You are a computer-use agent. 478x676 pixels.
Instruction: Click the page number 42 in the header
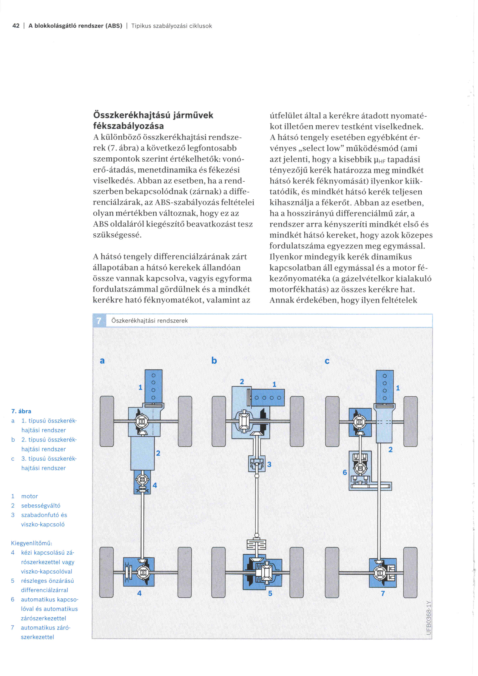pyautogui.click(x=16, y=26)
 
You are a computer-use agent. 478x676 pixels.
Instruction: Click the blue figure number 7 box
pyautogui.click(x=99, y=321)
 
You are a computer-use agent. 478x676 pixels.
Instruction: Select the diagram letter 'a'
pyautogui.click(x=102, y=360)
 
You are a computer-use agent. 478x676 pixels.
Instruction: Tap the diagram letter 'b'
pyautogui.click(x=214, y=360)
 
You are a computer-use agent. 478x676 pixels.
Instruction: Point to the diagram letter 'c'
pyautogui.click(x=327, y=361)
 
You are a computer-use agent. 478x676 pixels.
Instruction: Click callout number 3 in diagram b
pyautogui.click(x=269, y=464)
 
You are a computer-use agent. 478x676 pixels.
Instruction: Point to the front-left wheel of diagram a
pyautogui.click(x=107, y=421)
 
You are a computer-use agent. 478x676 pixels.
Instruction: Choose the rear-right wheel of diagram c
pyautogui.click(x=410, y=572)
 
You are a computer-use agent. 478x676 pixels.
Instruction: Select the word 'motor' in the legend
pyautogui.click(x=29, y=496)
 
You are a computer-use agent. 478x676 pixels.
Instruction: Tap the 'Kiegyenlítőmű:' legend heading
pyautogui.click(x=31, y=543)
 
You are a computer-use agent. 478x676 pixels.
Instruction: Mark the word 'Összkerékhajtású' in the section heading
pyautogui.click(x=132, y=115)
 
